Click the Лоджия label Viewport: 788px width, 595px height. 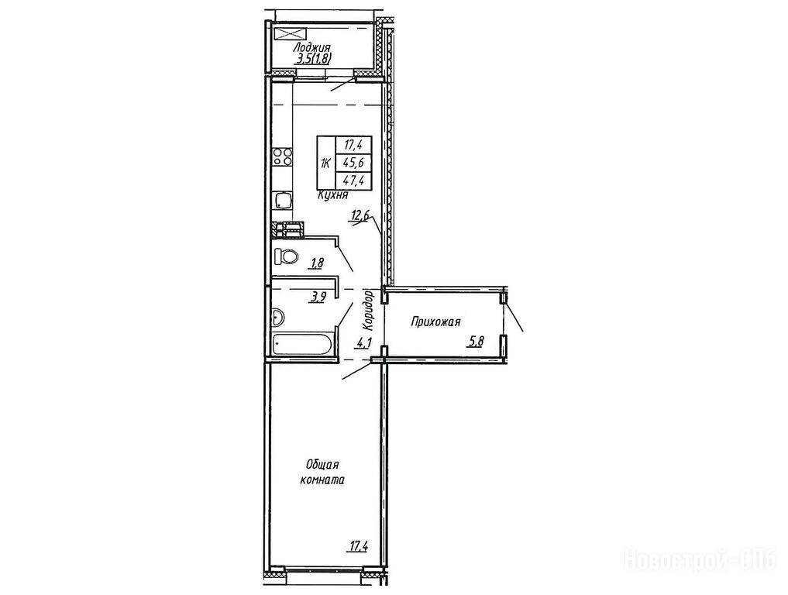[312, 47]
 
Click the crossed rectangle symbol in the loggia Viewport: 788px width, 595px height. [291, 33]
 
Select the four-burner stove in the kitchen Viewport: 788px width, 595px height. [282, 156]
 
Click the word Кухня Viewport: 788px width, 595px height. [332, 196]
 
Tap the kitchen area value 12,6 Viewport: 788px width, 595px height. [360, 217]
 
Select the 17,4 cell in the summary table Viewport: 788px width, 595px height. [353, 145]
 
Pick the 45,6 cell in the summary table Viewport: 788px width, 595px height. [353, 163]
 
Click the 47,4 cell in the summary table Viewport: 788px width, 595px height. [353, 180]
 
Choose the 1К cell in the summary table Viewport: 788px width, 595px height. [326, 163]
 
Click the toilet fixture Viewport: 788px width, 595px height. [285, 256]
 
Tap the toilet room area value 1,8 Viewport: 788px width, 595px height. [317, 263]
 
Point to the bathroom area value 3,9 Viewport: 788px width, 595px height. [317, 297]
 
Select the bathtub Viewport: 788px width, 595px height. [301, 345]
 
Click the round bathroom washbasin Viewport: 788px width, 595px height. [277, 317]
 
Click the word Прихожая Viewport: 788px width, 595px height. [435, 322]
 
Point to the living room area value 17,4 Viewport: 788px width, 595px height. [358, 546]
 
